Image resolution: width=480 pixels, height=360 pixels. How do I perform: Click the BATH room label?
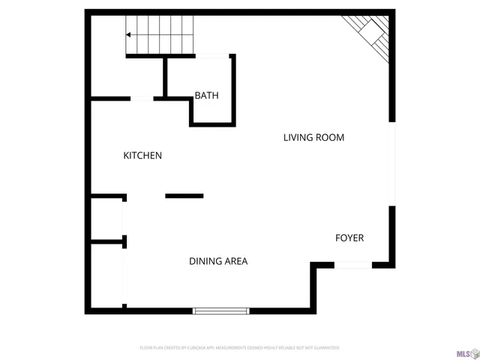click(206, 96)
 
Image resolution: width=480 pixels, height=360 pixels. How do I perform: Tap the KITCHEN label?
click(142, 156)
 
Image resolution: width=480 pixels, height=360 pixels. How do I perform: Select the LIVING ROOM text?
click(313, 137)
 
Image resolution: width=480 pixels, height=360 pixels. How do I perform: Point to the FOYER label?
click(349, 238)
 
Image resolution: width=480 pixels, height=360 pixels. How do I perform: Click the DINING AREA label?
click(218, 262)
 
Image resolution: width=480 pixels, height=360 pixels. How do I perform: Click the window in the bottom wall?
click(221, 310)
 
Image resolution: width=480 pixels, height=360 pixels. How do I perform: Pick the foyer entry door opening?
click(352, 264)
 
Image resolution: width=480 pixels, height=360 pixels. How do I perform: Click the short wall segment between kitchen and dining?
click(184, 196)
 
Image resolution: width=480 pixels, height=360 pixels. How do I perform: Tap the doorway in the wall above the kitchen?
click(142, 98)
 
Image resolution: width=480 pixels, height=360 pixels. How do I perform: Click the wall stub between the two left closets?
click(108, 241)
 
